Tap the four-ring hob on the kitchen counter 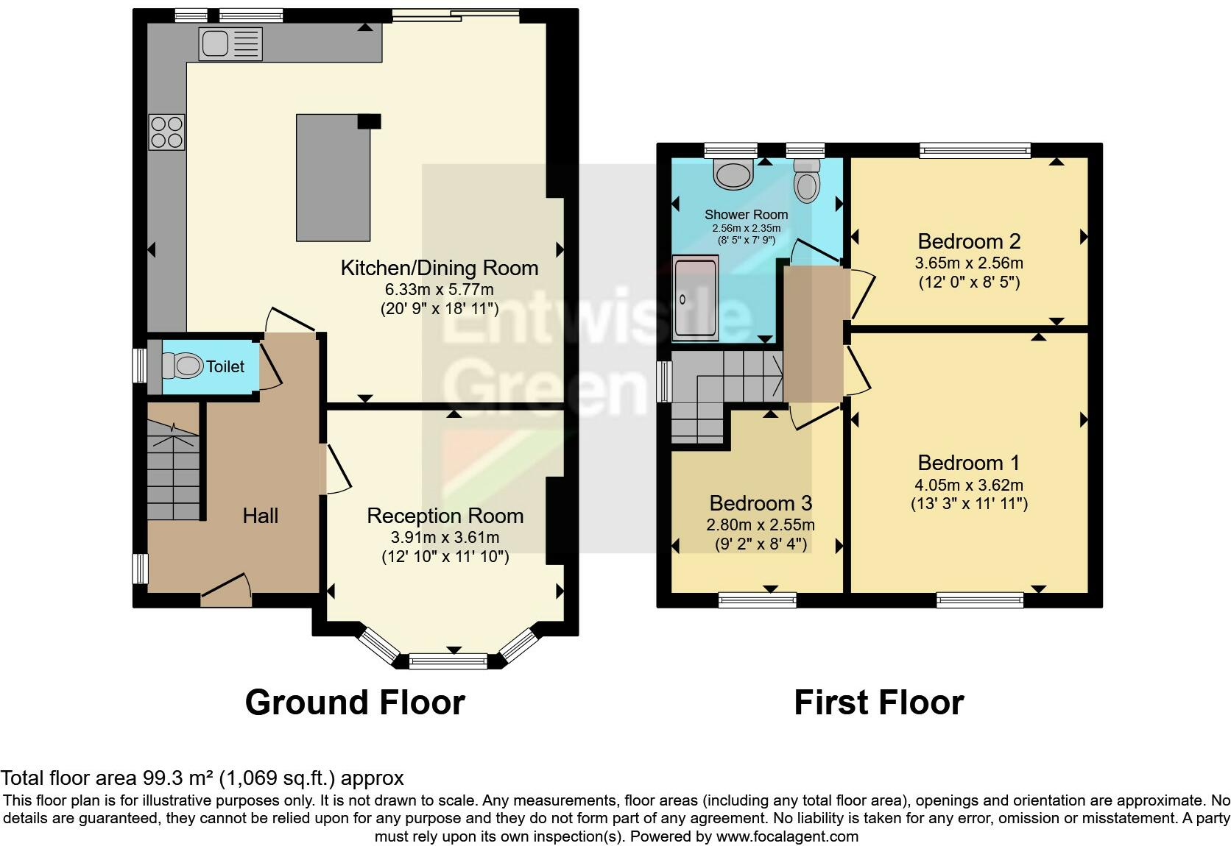click(x=166, y=132)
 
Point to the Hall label click(x=260, y=516)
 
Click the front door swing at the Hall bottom click(x=226, y=590)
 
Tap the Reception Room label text click(x=445, y=516)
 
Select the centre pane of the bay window click(x=448, y=661)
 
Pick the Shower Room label click(x=746, y=215)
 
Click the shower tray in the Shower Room click(x=695, y=299)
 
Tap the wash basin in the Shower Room click(x=733, y=174)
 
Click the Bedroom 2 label click(x=969, y=241)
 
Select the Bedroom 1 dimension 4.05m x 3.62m click(x=969, y=485)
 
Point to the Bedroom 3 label click(x=760, y=503)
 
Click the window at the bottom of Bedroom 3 click(x=757, y=600)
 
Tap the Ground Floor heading click(x=355, y=703)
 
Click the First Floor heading click(x=878, y=703)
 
